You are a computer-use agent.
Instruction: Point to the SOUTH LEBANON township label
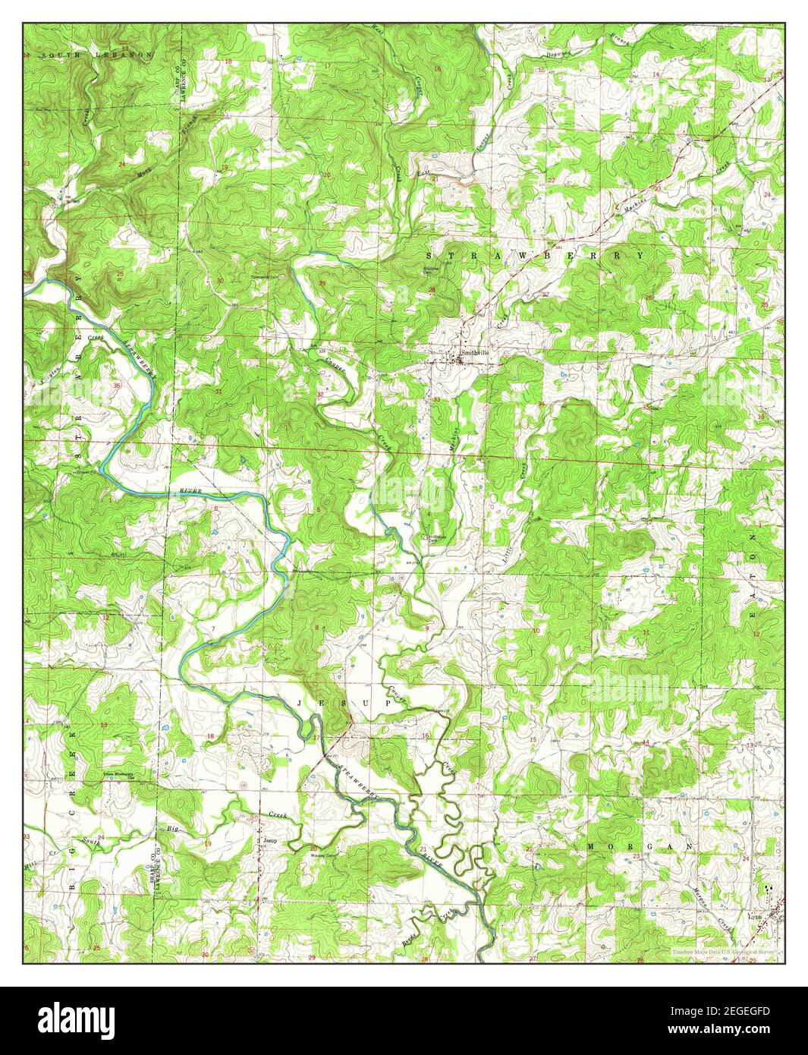97,55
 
